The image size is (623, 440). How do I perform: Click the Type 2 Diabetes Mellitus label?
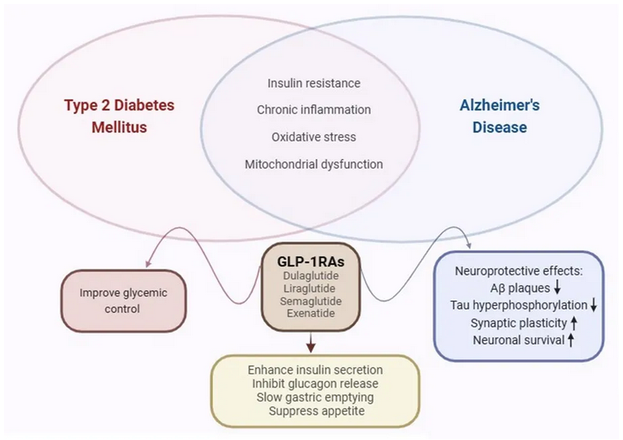pos(119,116)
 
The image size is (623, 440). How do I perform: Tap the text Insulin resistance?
pos(313,83)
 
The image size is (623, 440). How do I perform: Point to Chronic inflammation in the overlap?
pos(313,109)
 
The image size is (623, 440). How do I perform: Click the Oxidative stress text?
pos(313,136)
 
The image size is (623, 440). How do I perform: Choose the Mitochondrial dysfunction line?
pos(313,164)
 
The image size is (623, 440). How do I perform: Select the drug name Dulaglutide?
pos(311,275)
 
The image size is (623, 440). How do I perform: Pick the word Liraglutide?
pos(311,288)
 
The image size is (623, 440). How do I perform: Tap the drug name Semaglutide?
pos(311,301)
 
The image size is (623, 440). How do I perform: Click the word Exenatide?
pos(311,313)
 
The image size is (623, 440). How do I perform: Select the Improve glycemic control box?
pos(124,300)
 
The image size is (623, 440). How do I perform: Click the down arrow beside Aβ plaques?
pos(557,287)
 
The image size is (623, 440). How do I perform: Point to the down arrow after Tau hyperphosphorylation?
pos(593,305)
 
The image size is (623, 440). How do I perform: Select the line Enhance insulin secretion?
pos(315,370)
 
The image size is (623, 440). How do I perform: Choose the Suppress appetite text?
pos(315,411)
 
